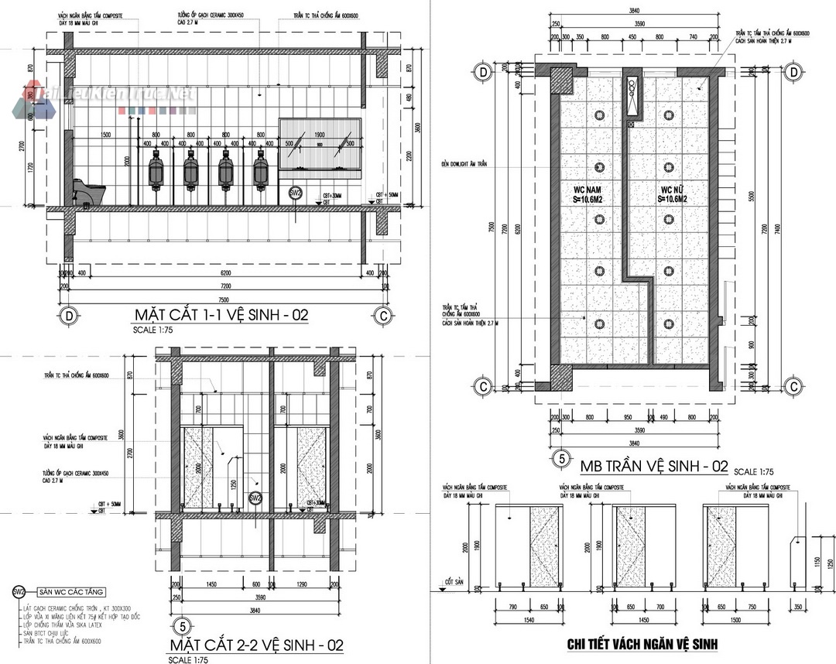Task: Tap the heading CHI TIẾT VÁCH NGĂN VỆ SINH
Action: [x=642, y=644]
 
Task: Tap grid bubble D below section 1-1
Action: [x=69, y=316]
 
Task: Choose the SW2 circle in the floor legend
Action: [x=19, y=591]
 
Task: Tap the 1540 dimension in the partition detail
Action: [x=530, y=622]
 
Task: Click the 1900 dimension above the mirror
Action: [x=318, y=134]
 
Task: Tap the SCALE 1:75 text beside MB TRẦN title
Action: [x=754, y=471]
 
